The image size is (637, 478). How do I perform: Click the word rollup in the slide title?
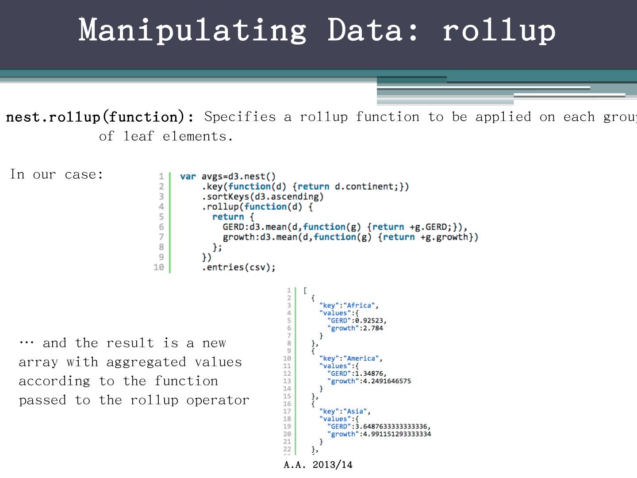coord(499,30)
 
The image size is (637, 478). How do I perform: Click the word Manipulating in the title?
coord(192,30)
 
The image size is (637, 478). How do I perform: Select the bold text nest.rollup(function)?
coord(100,117)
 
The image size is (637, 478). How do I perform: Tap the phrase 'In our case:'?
coord(57,174)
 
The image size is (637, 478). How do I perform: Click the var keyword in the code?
coord(188,177)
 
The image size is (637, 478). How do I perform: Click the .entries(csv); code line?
coord(239,267)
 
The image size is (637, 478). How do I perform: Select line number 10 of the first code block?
coord(159,267)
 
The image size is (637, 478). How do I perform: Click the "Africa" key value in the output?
coord(361,305)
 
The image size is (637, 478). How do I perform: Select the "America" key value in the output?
coord(364,358)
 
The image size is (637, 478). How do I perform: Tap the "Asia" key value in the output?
coord(357,411)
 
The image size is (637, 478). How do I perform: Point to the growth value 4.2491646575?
coord(387,381)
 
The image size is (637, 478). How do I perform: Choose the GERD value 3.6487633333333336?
coord(394,427)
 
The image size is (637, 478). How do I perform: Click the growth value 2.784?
coord(372,328)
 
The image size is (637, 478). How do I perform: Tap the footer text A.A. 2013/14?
coord(318,465)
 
